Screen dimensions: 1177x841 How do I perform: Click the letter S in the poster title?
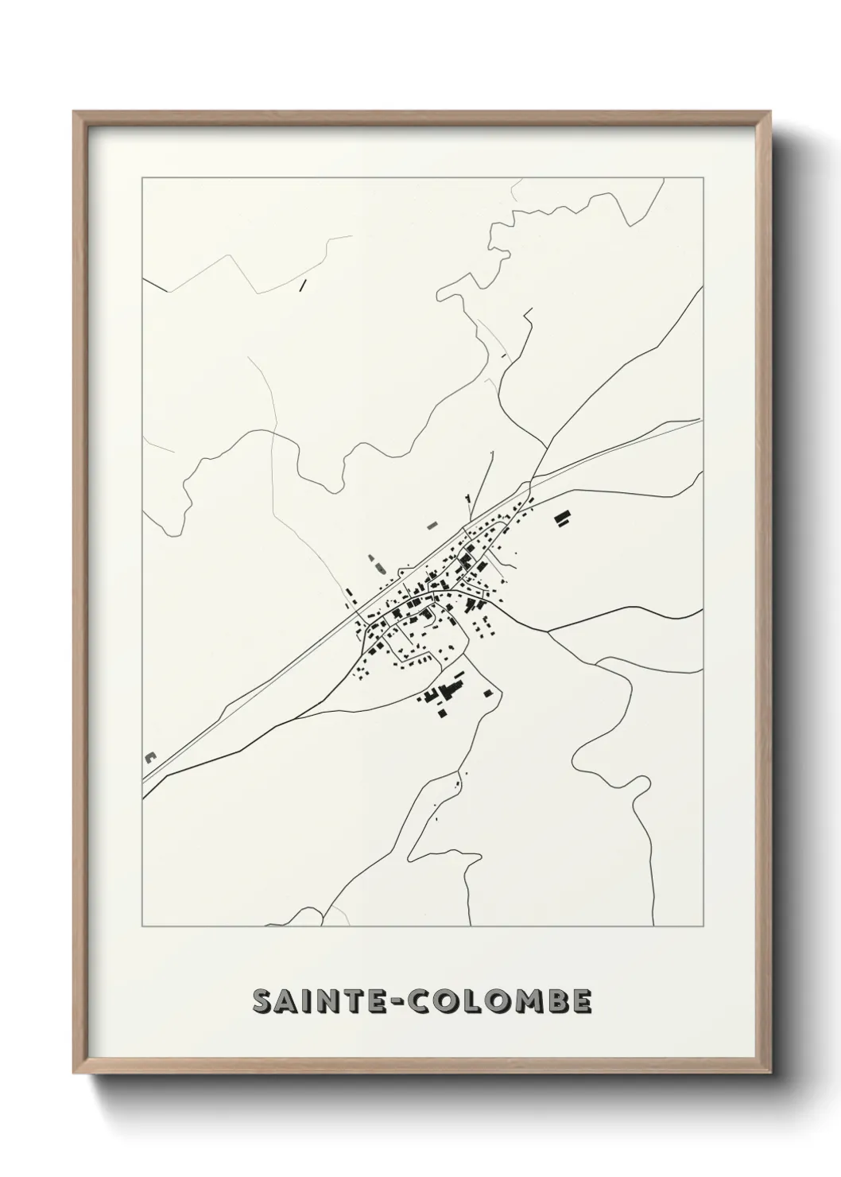263,1002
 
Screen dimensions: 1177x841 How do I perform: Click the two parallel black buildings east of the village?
563,519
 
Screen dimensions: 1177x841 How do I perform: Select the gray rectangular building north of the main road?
432,523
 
